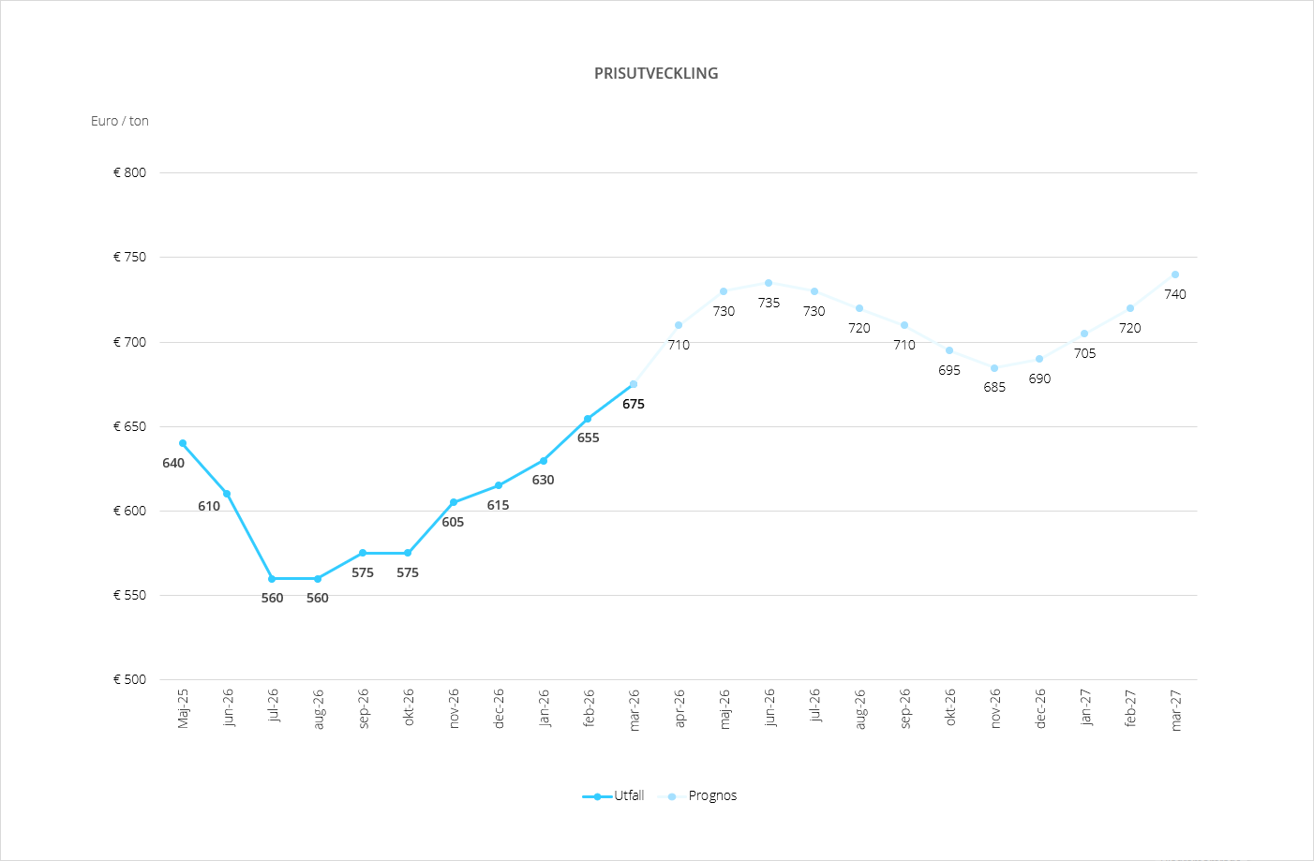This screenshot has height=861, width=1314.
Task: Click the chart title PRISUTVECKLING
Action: [656, 73]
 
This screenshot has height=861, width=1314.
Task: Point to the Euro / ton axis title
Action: [120, 121]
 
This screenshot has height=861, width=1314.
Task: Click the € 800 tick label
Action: [130, 172]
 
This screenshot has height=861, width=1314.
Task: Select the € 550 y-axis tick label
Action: [130, 595]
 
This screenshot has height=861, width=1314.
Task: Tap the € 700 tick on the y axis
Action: [130, 342]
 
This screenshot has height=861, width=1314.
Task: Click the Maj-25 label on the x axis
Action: [183, 708]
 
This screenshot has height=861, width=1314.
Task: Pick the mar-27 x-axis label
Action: [1175, 710]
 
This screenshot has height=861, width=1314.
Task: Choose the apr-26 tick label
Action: [679, 709]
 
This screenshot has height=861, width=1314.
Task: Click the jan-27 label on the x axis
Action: [1085, 708]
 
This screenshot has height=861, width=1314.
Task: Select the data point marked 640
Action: [183, 443]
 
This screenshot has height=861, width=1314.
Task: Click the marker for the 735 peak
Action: [769, 283]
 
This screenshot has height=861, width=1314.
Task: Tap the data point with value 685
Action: [994, 368]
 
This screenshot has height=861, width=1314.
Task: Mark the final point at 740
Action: [1175, 275]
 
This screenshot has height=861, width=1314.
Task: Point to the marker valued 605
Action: [454, 502]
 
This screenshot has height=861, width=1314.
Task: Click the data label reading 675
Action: [634, 404]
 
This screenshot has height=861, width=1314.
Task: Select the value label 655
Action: [588, 438]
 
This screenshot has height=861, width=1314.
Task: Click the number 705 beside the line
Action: [1084, 353]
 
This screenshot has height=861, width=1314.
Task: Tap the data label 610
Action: [209, 506]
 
